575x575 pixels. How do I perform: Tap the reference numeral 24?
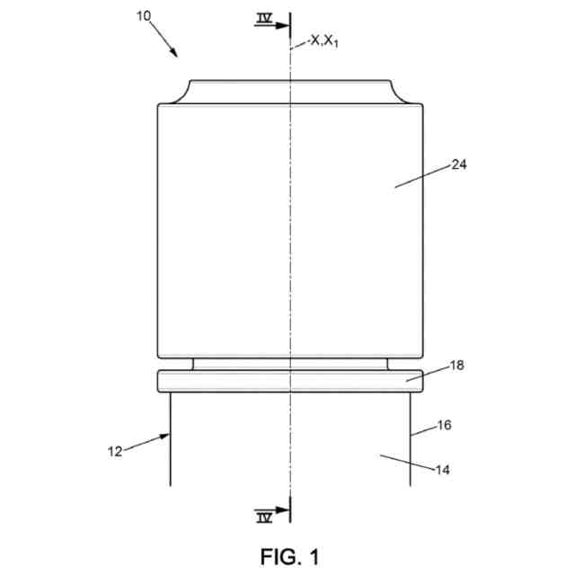click(x=459, y=164)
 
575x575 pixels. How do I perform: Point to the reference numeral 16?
click(x=444, y=426)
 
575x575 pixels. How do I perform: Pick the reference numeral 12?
click(x=115, y=451)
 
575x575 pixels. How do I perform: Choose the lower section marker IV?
click(x=264, y=516)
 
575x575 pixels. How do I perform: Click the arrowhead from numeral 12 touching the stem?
click(x=164, y=437)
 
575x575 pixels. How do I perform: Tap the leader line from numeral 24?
click(x=422, y=176)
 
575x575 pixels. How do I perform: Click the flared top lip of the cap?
click(x=290, y=92)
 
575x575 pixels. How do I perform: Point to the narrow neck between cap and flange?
click(x=290, y=364)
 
